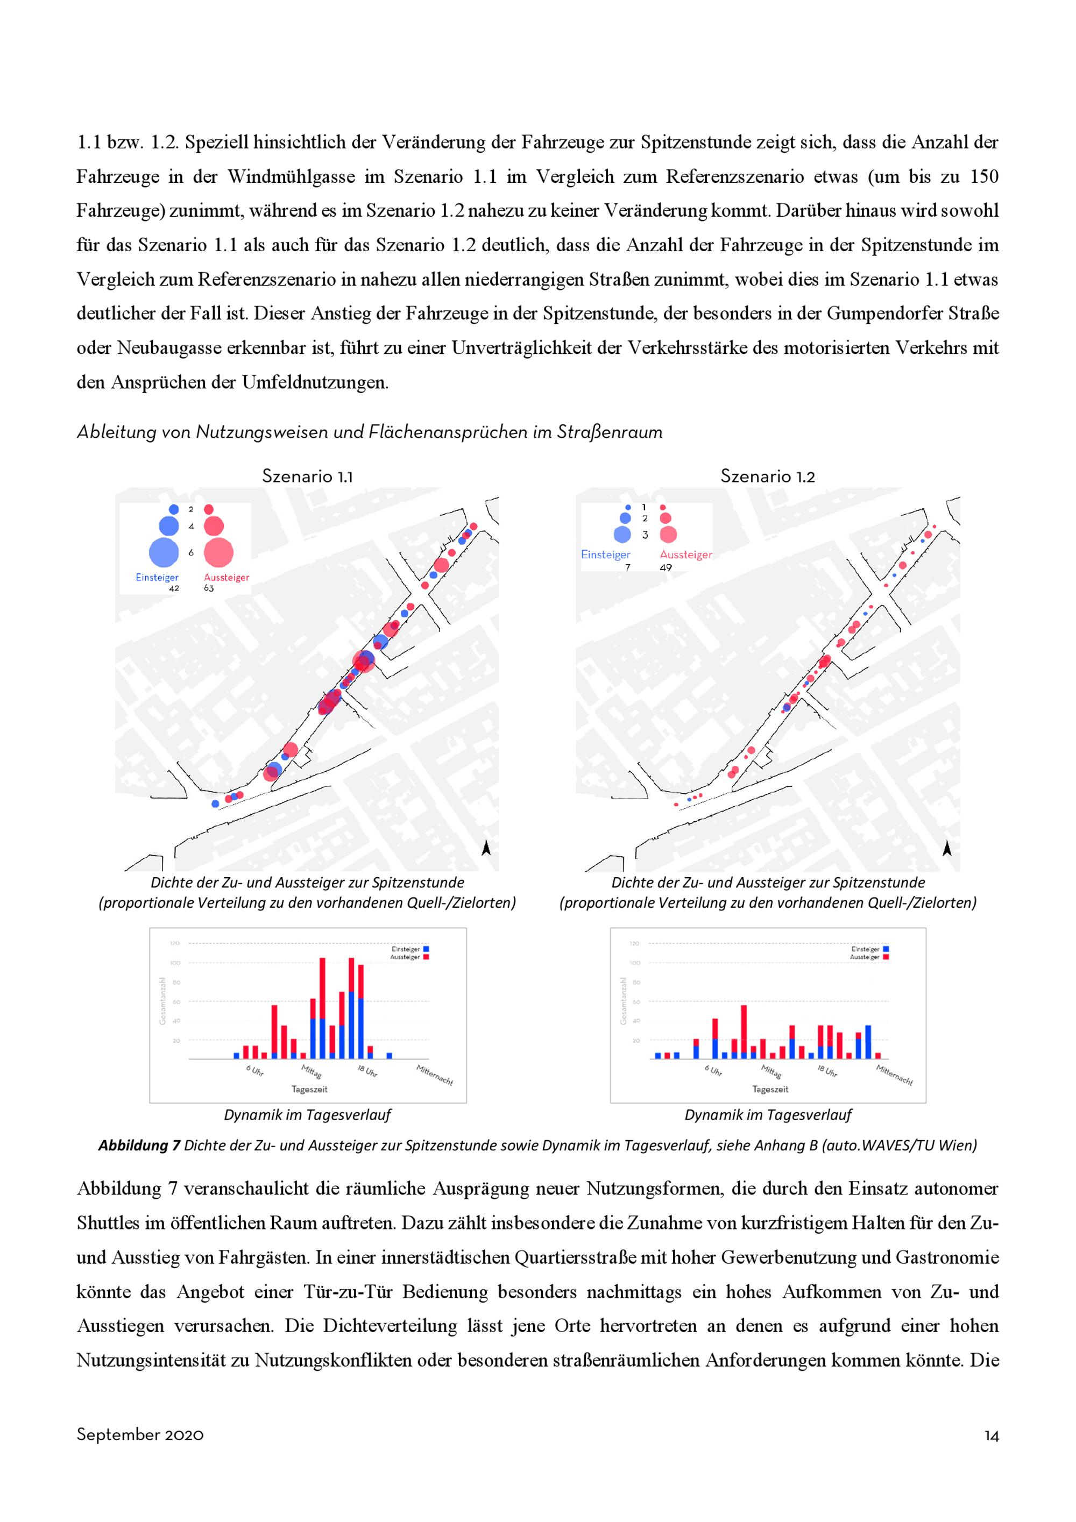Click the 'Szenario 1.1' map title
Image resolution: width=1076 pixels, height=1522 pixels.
[307, 476]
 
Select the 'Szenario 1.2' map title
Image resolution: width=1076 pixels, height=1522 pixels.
[767, 476]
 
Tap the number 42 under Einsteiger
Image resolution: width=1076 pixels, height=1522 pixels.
[174, 588]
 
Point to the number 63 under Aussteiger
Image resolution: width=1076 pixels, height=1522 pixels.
[209, 588]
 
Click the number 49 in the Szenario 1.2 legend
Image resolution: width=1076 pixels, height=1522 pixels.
[666, 567]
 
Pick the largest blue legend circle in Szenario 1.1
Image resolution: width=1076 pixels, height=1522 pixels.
[164, 552]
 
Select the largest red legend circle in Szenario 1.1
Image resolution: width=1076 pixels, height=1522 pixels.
[218, 552]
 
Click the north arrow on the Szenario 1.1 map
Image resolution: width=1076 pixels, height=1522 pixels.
[486, 848]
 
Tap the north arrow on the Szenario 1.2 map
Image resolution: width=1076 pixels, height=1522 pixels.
[947, 848]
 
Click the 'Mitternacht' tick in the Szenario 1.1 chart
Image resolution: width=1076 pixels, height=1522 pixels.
[435, 1075]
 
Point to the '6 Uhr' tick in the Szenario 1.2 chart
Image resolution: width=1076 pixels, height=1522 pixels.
[713, 1071]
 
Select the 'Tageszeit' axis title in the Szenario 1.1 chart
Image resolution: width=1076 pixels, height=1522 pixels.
[309, 1089]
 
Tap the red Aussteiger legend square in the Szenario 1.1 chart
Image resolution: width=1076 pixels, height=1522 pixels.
[426, 957]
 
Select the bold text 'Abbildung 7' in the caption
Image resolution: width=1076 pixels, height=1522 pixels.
[139, 1145]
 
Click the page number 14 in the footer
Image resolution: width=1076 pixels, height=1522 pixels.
[991, 1435]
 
